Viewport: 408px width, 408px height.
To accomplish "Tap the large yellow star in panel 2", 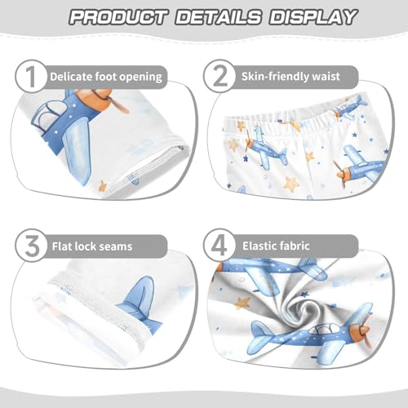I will click(291, 184).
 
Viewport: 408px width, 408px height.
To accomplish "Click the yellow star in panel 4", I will click(242, 304).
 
